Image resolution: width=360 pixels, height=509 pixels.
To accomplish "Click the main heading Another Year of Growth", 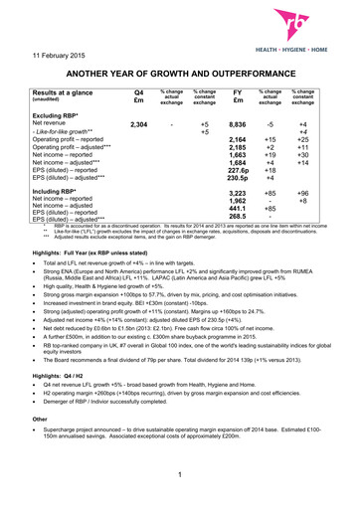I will pyautogui.click(x=180, y=72).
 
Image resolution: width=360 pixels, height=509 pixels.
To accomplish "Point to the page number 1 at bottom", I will pyautogui.click(x=180, y=485).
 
